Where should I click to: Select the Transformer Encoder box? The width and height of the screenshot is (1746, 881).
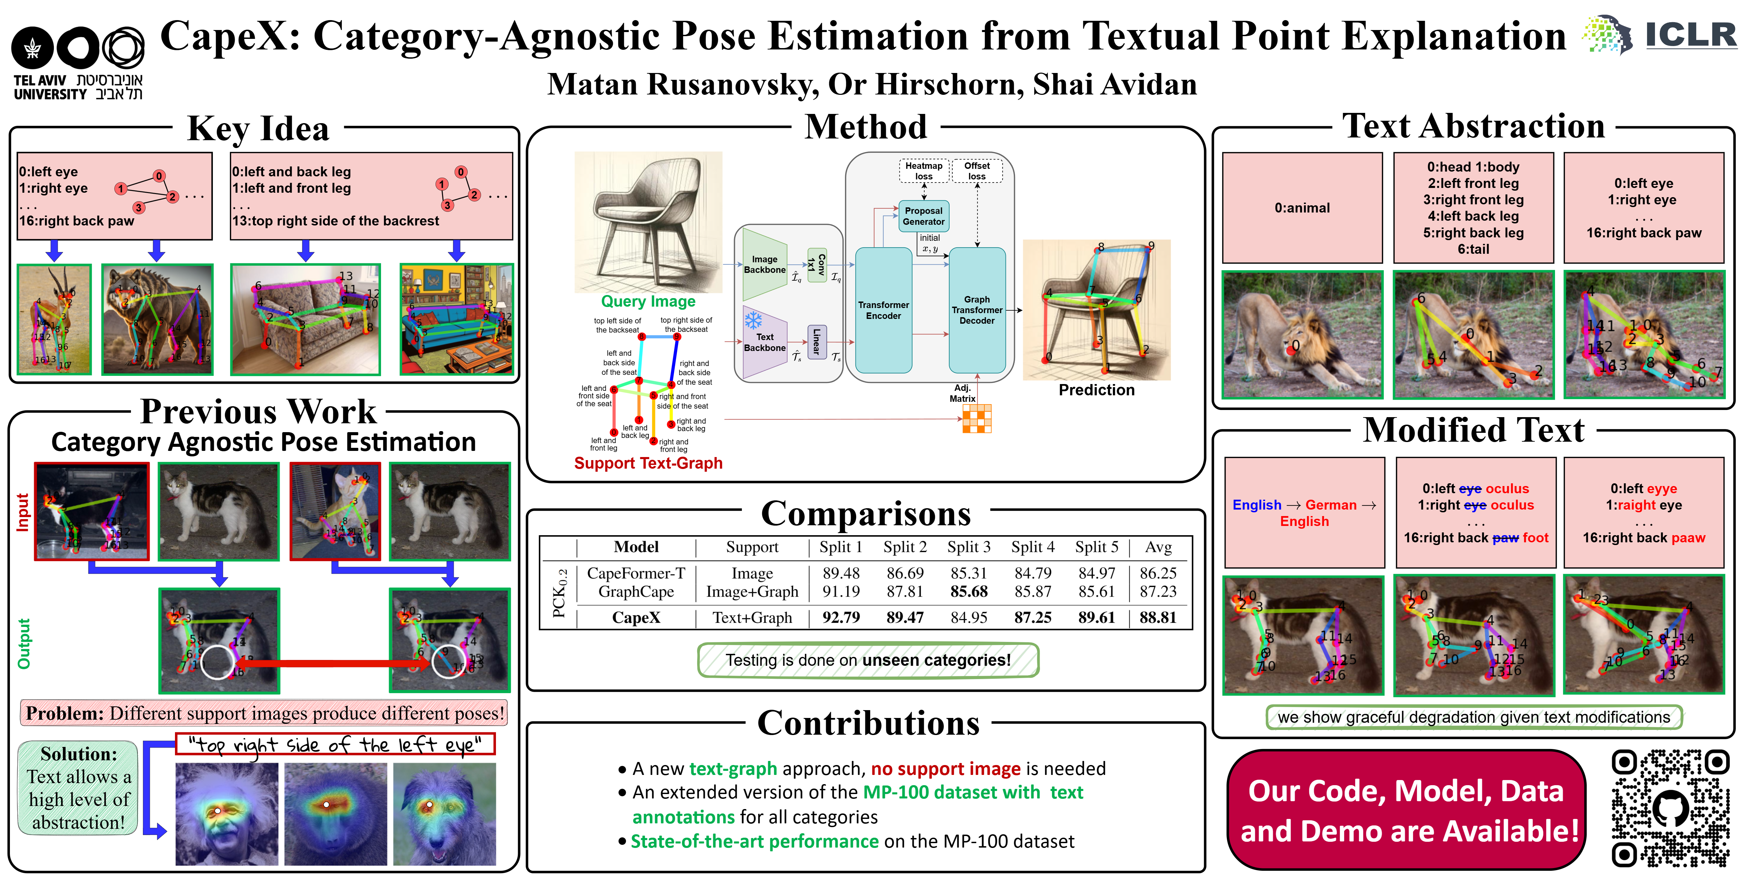pyautogui.click(x=883, y=310)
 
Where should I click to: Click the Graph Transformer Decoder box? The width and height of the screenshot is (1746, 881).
pyautogui.click(x=977, y=310)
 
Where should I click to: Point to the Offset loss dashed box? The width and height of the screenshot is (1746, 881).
pyautogui.click(x=977, y=171)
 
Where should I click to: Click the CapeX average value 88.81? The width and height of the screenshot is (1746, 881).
pyautogui.click(x=1158, y=617)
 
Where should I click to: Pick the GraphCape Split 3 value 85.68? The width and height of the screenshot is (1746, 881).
pyautogui.click(x=969, y=592)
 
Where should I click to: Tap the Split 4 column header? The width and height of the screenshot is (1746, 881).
pyautogui.click(x=1032, y=547)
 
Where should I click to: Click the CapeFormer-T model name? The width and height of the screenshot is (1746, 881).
pyautogui.click(x=636, y=573)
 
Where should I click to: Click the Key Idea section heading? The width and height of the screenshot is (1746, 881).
pyautogui.click(x=258, y=128)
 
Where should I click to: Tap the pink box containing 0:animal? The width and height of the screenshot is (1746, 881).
pyautogui.click(x=1302, y=207)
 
